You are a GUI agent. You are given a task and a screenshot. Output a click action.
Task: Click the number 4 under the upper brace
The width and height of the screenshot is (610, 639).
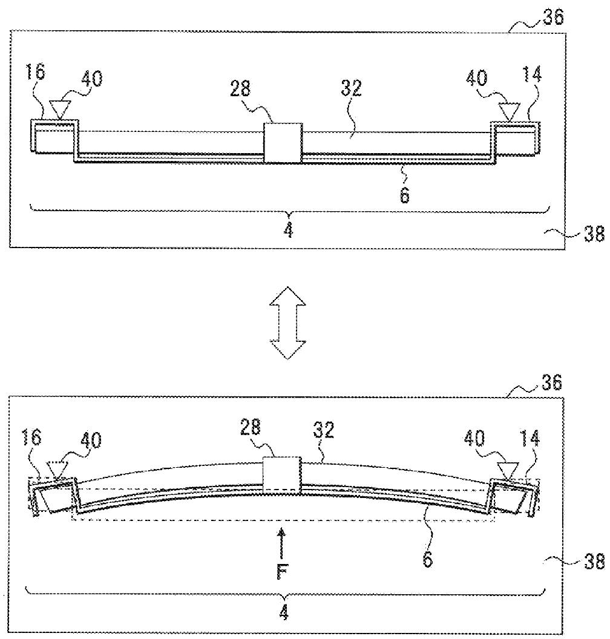click(x=289, y=231)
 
